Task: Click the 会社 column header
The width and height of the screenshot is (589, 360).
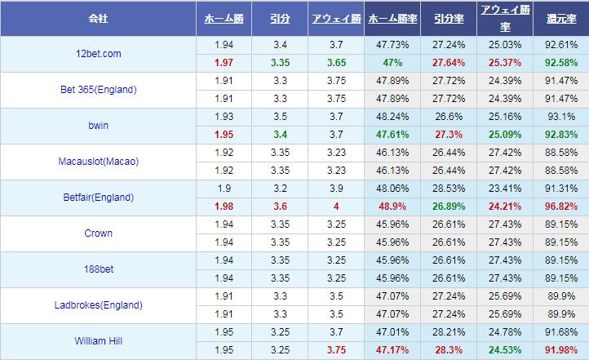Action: pos(98,17)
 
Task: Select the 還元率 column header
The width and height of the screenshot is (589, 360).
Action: pos(560,17)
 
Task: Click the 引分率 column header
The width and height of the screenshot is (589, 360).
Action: pos(448,17)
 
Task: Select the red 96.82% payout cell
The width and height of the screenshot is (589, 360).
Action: pos(560,207)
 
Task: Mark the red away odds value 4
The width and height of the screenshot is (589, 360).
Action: pos(335,207)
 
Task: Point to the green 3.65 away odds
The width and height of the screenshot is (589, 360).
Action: pos(335,63)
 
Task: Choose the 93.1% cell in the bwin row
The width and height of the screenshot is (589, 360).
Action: pos(560,117)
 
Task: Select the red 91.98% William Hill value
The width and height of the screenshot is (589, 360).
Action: pos(560,350)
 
